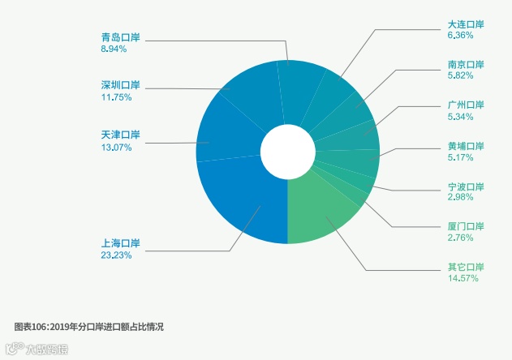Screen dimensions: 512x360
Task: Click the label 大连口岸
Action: click(465, 24)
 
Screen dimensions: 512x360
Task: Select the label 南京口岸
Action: click(465, 64)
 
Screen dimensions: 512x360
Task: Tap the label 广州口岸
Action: click(465, 105)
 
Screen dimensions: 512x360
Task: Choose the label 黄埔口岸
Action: click(465, 146)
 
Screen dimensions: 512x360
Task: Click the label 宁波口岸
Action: click(465, 186)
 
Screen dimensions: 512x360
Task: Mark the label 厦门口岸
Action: click(465, 226)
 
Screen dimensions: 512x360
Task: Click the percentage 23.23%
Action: click(116, 255)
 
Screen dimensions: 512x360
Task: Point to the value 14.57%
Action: click(463, 278)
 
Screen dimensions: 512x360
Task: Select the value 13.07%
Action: click(116, 147)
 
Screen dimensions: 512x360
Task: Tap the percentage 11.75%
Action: click(116, 97)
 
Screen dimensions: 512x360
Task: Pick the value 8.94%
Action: click(114, 49)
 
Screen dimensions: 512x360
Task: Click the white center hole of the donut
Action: click(287, 152)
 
